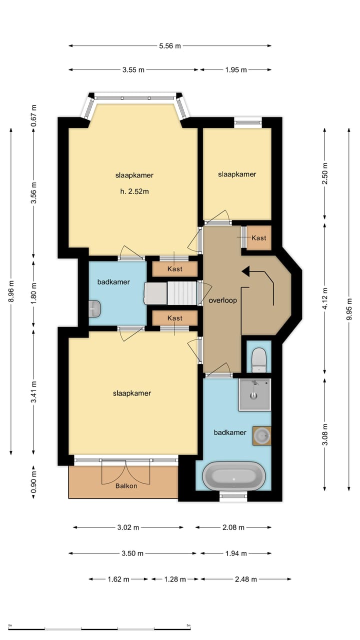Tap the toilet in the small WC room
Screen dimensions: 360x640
259,360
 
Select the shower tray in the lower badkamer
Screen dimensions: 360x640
254,395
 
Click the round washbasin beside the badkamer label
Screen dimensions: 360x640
261,435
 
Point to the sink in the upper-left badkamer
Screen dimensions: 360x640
94,308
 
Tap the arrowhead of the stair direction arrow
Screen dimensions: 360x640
245,271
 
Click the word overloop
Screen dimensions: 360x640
222,300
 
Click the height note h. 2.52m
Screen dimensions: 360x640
134,191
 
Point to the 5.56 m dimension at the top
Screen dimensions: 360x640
170,45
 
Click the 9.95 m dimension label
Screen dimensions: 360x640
349,309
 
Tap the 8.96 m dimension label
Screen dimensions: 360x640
11,291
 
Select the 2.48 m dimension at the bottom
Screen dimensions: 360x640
245,579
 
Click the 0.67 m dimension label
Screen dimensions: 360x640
33,115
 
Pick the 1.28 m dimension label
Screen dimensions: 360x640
175,579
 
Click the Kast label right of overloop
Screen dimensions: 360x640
259,237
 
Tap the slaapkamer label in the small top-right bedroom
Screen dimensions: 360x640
237,174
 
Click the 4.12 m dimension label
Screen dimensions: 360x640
325,298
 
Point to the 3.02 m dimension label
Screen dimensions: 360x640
128,527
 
